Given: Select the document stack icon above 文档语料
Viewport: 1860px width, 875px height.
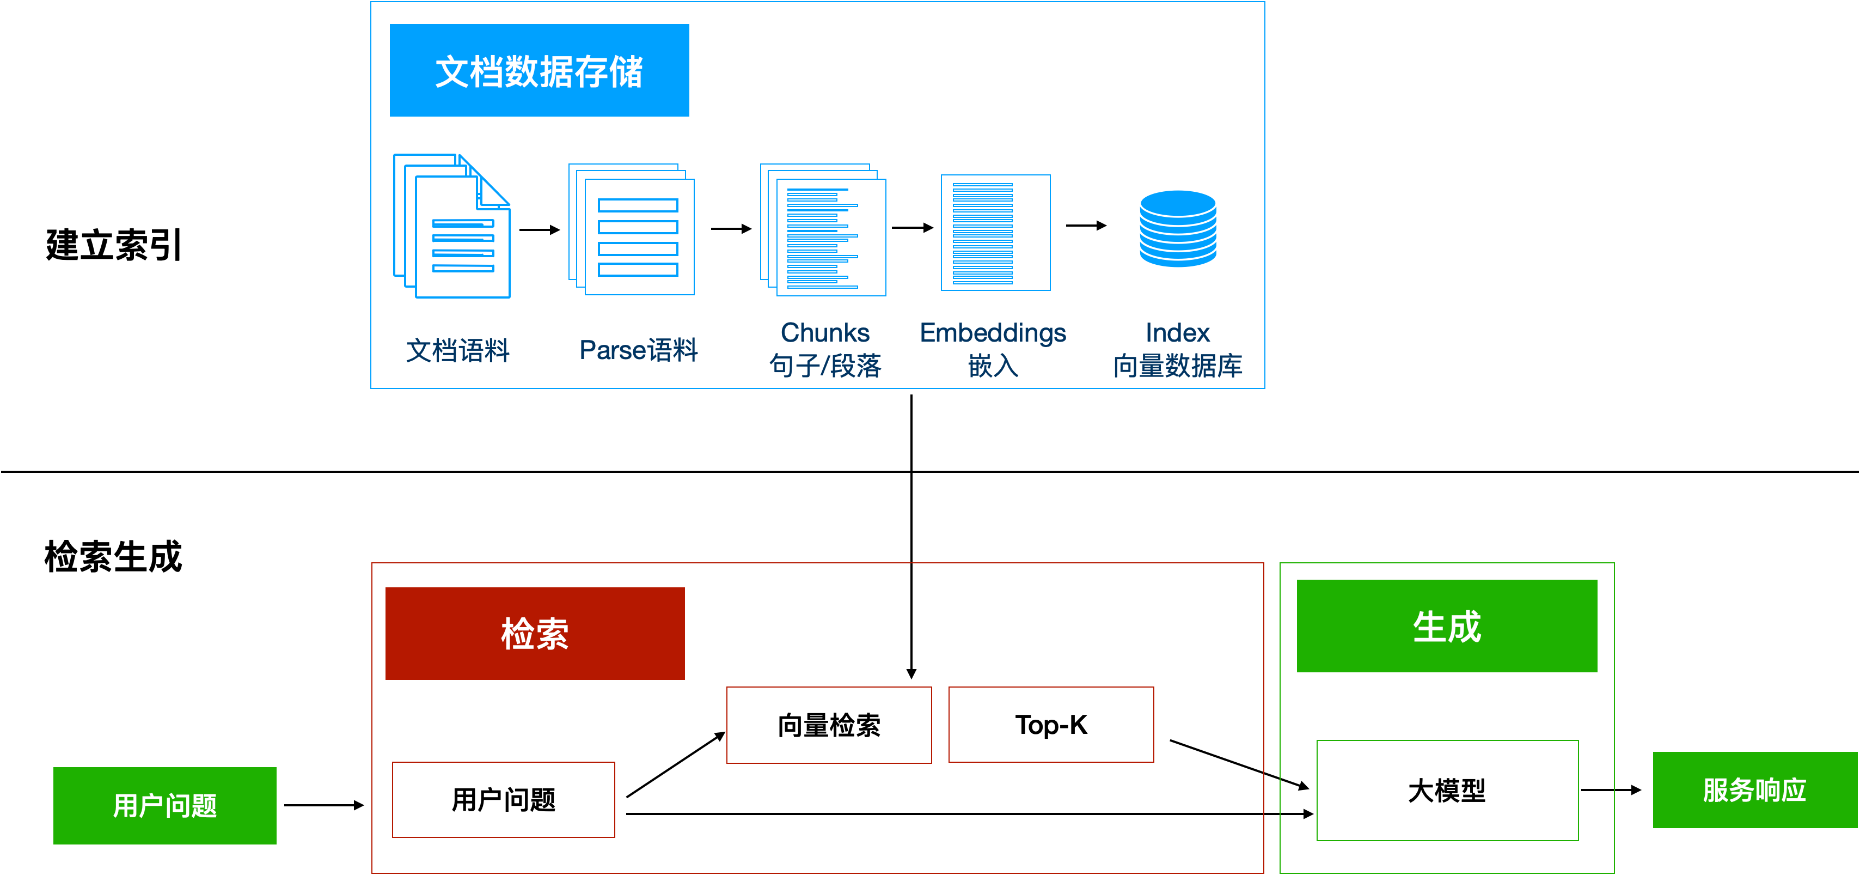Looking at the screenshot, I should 452,226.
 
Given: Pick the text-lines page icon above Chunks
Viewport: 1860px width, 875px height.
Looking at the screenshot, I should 823,230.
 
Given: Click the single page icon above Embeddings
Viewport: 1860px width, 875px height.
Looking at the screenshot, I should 995,233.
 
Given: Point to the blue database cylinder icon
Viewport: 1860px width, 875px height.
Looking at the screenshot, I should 1178,228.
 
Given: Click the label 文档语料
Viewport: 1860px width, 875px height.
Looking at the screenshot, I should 458,350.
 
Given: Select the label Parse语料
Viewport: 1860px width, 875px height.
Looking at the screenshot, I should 638,350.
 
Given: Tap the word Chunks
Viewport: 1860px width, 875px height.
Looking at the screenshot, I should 824,332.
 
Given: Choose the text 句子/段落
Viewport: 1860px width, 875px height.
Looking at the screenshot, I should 824,366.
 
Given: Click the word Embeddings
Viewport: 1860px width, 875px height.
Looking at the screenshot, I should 993,332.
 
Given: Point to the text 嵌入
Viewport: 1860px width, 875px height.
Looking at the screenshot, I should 993,366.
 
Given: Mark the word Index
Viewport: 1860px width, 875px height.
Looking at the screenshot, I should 1177,332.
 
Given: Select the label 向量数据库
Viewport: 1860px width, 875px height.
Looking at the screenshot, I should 1177,366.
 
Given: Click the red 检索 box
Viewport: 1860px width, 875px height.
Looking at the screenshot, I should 535,633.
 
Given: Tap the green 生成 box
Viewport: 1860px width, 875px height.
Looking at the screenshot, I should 1446,625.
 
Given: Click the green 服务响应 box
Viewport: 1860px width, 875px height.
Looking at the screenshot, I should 1754,790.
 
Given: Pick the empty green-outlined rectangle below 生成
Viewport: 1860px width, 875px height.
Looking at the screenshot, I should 1447,790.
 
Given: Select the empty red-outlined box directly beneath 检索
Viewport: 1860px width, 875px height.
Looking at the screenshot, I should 503,799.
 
